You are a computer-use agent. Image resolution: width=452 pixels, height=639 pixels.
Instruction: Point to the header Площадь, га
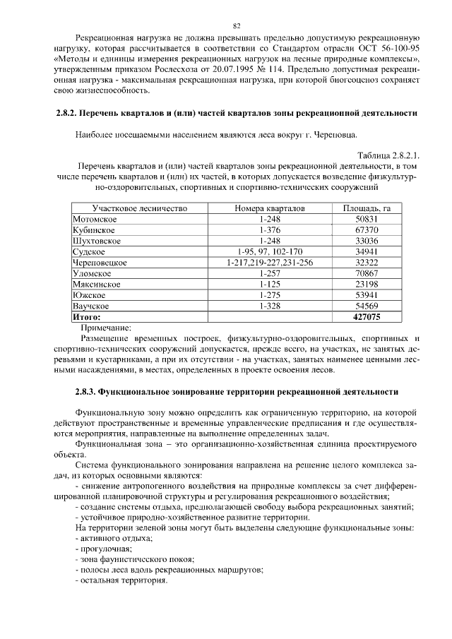pyautogui.click(x=367, y=209)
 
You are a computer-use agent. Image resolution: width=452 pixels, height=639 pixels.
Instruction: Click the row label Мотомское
pyautogui.click(x=95, y=220)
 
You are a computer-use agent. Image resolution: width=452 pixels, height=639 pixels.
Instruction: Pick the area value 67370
pyautogui.click(x=367, y=230)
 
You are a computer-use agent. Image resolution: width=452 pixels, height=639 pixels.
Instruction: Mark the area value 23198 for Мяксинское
pyautogui.click(x=367, y=285)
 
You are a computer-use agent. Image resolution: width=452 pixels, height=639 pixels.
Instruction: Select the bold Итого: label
pyautogui.click(x=87, y=317)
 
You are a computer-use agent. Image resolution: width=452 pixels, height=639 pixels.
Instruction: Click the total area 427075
pyautogui.click(x=367, y=317)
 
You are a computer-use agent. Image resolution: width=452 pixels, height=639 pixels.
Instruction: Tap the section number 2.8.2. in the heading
pyautogui.click(x=66, y=114)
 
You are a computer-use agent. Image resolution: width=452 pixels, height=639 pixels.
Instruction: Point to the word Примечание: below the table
pyautogui.click(x=106, y=328)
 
